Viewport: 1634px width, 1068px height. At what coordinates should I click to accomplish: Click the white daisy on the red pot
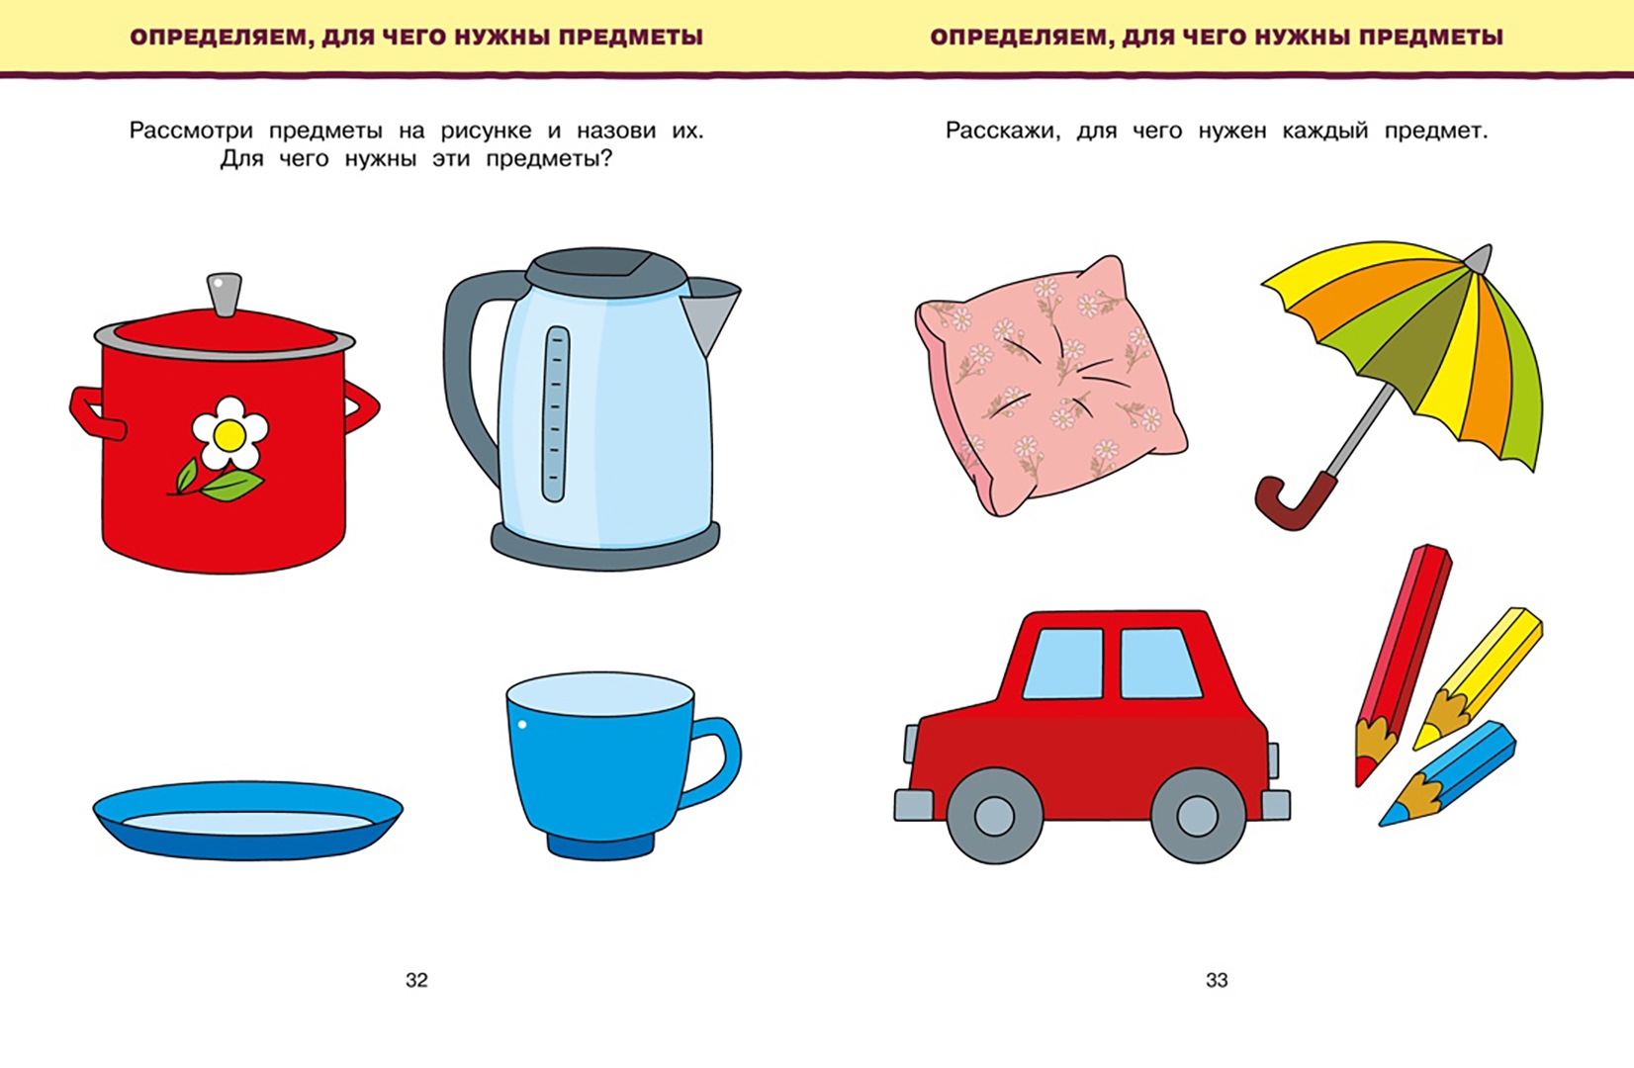pyautogui.click(x=229, y=433)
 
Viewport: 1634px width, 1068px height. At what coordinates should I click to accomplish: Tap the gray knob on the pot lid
pyautogui.click(x=224, y=294)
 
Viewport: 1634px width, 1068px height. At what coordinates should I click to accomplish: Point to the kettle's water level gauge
pyautogui.click(x=555, y=413)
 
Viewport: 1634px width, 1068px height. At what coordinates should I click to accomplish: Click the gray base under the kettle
pyautogui.click(x=605, y=547)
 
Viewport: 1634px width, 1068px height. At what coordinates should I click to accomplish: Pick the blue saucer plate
pyautogui.click(x=248, y=820)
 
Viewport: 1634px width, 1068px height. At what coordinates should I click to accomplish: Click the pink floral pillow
pyautogui.click(x=1049, y=386)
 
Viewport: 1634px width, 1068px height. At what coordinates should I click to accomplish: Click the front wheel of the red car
pyautogui.click(x=993, y=816)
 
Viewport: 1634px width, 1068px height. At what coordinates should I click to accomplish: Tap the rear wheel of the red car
pyautogui.click(x=1198, y=816)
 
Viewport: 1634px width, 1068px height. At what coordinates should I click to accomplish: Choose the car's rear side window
pyautogui.click(x=1160, y=663)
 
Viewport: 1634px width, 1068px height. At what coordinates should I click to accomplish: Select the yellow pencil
pyautogui.click(x=1478, y=678)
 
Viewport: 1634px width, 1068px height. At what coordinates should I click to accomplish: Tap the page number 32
pyautogui.click(x=416, y=980)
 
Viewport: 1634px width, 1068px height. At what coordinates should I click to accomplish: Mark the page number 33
pyautogui.click(x=1217, y=980)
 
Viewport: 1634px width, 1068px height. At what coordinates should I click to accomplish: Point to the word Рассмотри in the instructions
pyautogui.click(x=191, y=132)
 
